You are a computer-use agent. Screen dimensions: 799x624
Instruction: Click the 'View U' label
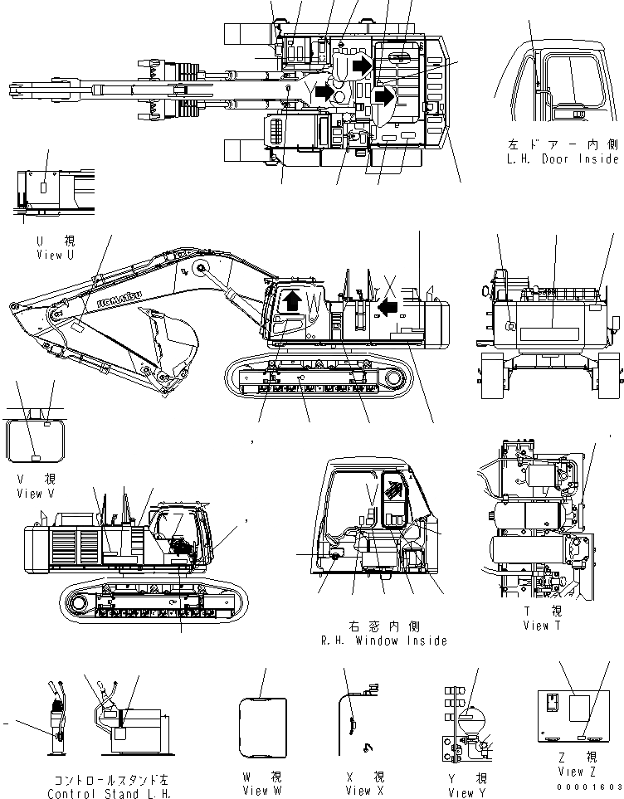pyautogui.click(x=55, y=255)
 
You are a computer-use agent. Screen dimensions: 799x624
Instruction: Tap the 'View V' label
pyautogui.click(x=35, y=494)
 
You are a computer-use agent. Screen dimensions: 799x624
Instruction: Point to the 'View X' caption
pyautogui.click(x=358, y=790)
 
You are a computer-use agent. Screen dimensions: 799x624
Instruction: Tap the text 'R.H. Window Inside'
pyautogui.click(x=383, y=640)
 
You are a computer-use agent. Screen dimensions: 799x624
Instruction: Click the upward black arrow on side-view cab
pyautogui.click(x=290, y=299)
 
